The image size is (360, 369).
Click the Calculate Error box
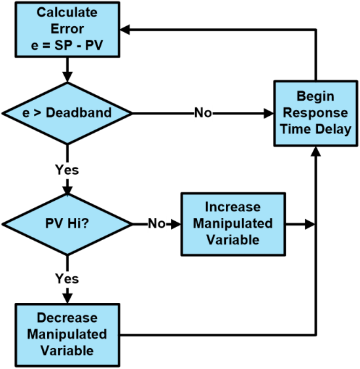(67, 29)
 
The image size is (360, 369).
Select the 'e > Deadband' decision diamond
(67, 113)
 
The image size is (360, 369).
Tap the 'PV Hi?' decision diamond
(67, 224)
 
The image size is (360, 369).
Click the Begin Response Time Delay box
(315, 113)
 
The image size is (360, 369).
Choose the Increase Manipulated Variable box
(233, 224)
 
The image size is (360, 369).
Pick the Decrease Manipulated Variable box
(67, 335)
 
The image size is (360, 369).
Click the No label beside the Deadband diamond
(203, 113)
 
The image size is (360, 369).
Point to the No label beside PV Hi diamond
(156, 223)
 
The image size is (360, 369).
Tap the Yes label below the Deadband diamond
(67, 169)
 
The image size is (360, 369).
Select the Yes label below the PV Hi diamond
(67, 279)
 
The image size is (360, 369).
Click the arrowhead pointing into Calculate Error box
(125, 29)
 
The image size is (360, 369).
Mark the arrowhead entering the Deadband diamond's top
(67, 77)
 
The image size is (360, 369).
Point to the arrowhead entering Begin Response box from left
(268, 113)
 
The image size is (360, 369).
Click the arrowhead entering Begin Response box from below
(315, 152)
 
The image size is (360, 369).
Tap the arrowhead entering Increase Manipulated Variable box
(175, 224)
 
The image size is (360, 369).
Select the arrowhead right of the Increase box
(310, 224)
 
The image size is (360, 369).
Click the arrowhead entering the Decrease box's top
(67, 298)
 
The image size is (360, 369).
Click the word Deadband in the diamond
(79, 113)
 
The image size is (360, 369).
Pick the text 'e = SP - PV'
(67, 45)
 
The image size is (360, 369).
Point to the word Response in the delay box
(315, 113)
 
